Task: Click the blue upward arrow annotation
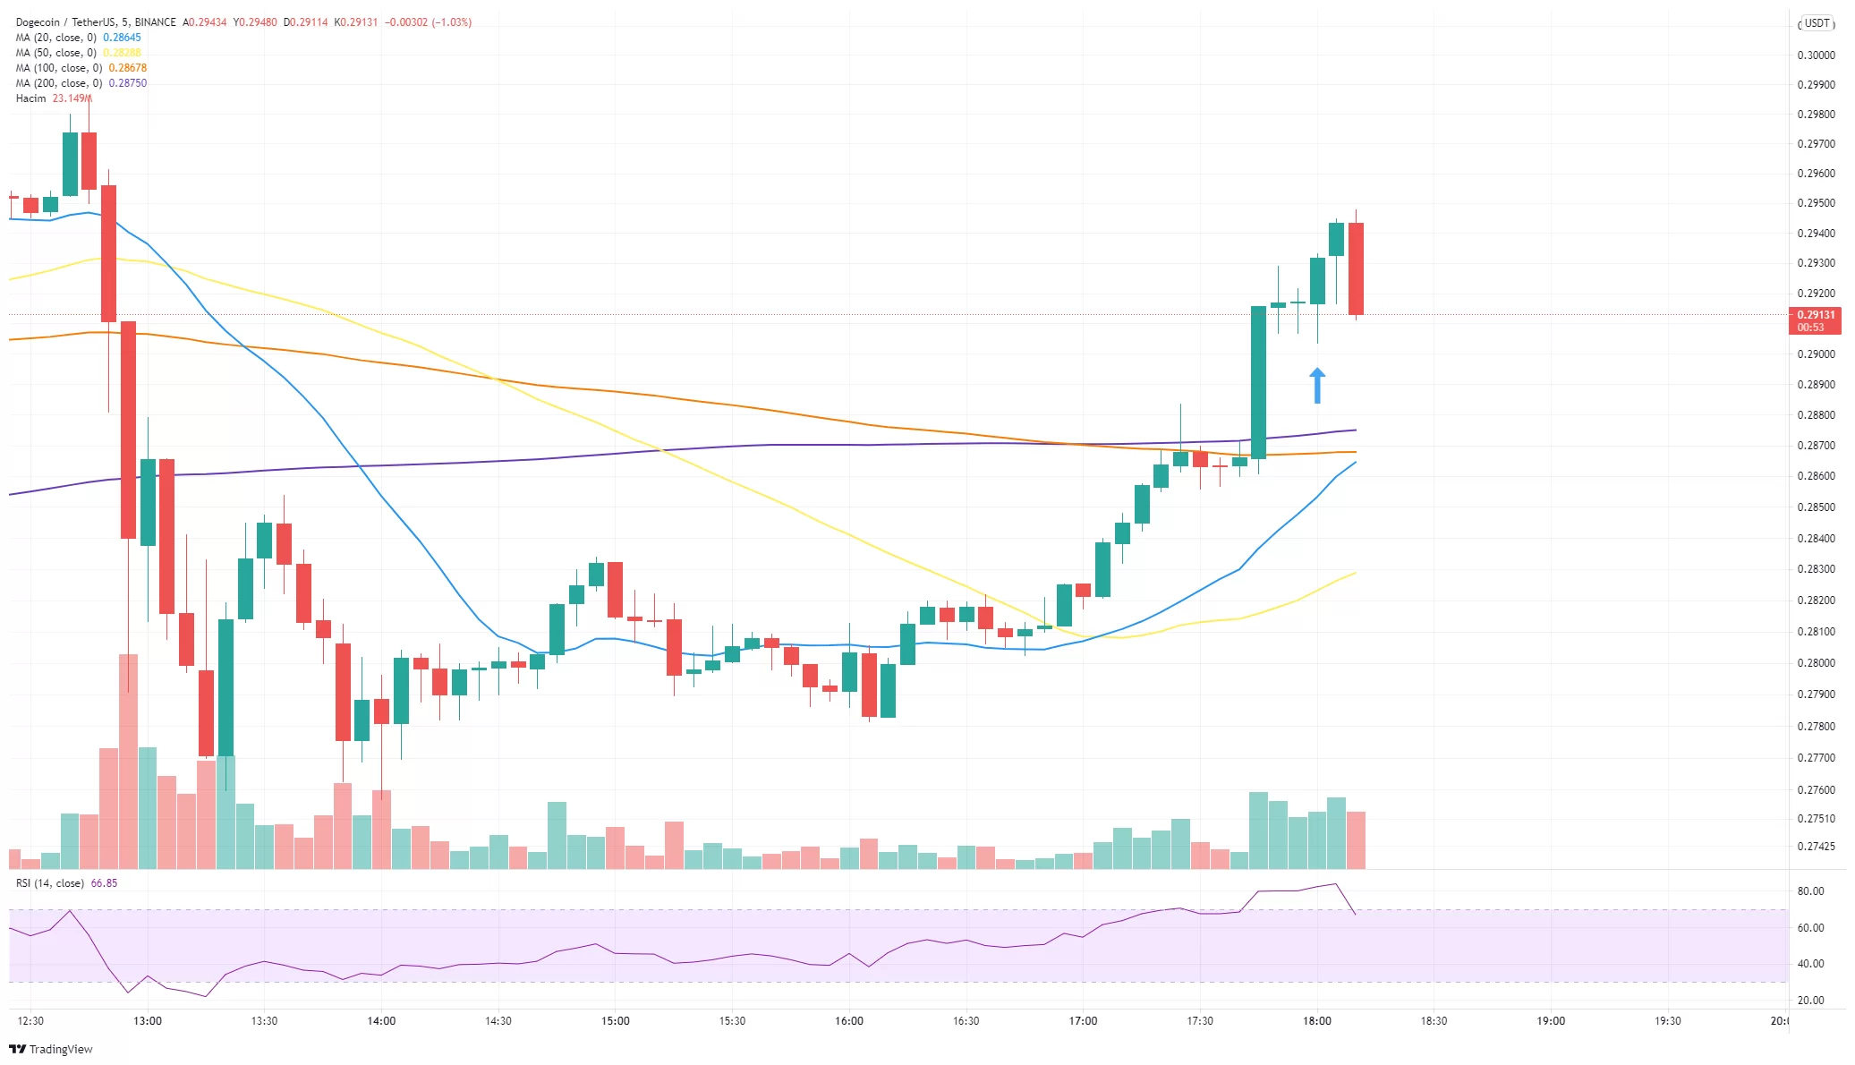[1317, 386]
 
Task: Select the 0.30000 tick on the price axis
[1816, 55]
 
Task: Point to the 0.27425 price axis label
[1816, 847]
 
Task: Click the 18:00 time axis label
[1317, 1021]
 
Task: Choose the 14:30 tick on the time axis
[498, 1021]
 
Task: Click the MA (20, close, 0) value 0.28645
[122, 38]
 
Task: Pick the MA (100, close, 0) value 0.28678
[127, 68]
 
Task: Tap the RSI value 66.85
[104, 883]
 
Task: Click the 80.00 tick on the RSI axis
[1810, 891]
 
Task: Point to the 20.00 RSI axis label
[1810, 1001]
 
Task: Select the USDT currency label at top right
[1817, 24]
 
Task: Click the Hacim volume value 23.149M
[72, 98]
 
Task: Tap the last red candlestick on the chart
[1356, 268]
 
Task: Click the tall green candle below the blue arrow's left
[1258, 382]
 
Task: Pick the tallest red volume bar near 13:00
[128, 761]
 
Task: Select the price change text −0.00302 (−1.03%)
[428, 22]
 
